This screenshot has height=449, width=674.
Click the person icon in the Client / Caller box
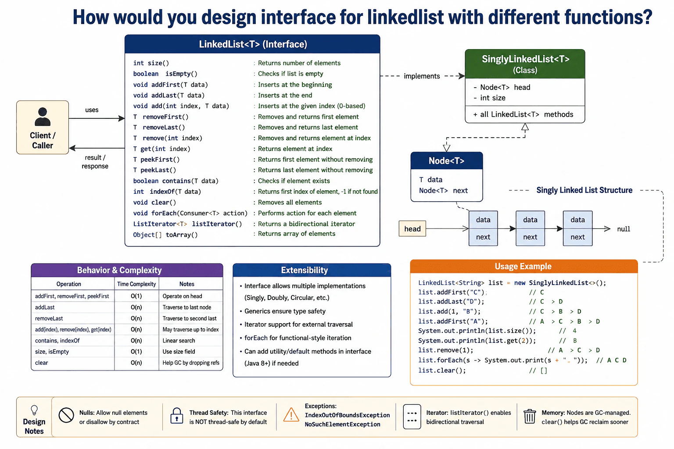click(43, 117)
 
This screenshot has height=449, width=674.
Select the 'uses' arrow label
click(92, 110)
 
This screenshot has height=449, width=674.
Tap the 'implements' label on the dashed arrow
click(422, 76)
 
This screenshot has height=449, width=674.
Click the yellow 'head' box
click(412, 229)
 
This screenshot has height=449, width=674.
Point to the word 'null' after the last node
click(624, 229)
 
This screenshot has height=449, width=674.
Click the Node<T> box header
click(447, 161)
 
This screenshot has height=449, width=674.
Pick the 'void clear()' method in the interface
click(154, 203)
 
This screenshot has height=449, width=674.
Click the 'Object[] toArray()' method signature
click(165, 235)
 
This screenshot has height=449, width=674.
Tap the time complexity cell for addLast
click(136, 307)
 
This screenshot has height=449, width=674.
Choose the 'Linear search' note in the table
click(179, 340)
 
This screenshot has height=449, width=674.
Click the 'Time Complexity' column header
click(136, 284)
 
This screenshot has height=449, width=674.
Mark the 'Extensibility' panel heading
click(304, 270)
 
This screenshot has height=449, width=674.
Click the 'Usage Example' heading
click(523, 267)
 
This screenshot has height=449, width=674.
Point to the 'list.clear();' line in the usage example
click(442, 371)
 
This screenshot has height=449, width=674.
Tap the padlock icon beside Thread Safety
click(177, 416)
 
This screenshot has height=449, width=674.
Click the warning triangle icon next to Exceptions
click(291, 414)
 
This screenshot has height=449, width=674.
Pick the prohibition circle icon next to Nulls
click(66, 415)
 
